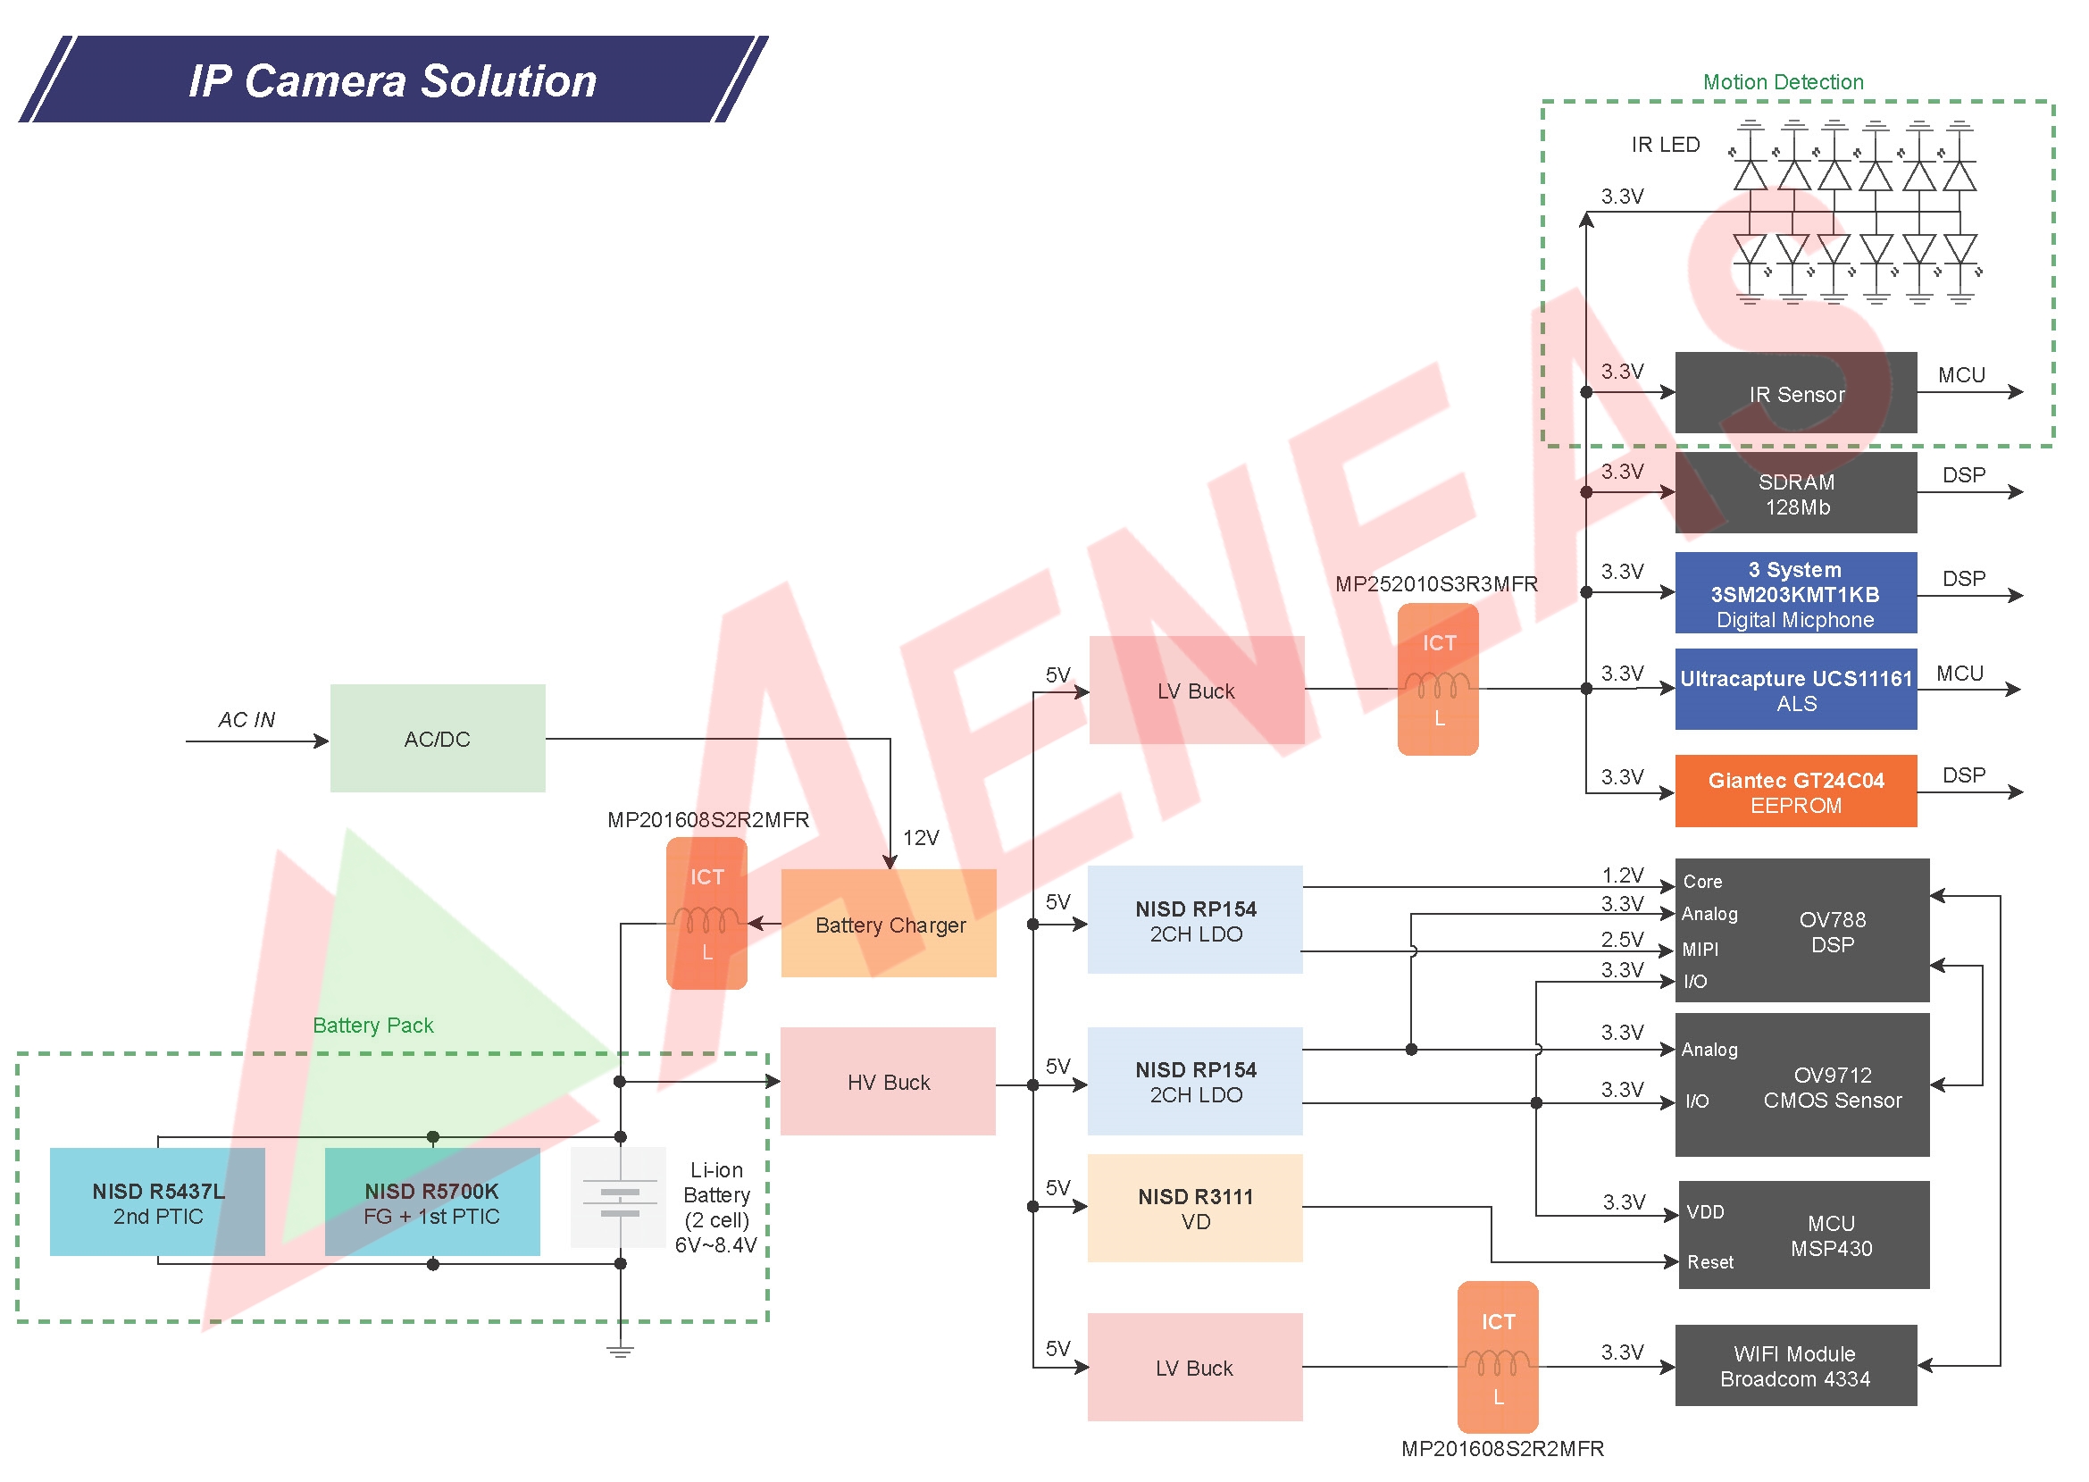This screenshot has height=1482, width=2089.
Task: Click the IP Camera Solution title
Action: point(392,80)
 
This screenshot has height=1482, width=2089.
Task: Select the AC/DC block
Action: point(437,738)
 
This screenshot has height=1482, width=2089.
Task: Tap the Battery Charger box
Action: point(889,924)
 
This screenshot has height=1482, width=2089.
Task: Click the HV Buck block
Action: point(888,1082)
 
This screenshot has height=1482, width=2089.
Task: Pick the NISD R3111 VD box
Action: point(1194,1209)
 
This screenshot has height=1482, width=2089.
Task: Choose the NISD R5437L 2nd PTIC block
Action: point(157,1202)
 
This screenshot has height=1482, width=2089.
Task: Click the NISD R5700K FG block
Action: point(431,1202)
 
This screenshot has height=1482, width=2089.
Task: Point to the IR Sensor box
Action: point(1795,393)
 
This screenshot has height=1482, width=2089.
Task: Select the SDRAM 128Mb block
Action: point(1795,494)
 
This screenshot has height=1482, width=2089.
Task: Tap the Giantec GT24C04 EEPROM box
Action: point(1795,791)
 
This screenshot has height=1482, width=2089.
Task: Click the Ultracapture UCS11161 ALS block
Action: point(1795,690)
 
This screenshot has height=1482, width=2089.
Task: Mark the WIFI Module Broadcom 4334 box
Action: point(1795,1366)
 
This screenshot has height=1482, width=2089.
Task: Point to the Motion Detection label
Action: point(1783,82)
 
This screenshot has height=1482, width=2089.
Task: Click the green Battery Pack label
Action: point(372,1025)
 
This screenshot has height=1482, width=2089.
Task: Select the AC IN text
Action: point(246,719)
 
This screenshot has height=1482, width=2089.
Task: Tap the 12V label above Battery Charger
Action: point(920,837)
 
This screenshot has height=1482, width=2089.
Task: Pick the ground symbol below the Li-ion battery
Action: point(620,1351)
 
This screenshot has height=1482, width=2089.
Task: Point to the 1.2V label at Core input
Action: point(1622,875)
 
